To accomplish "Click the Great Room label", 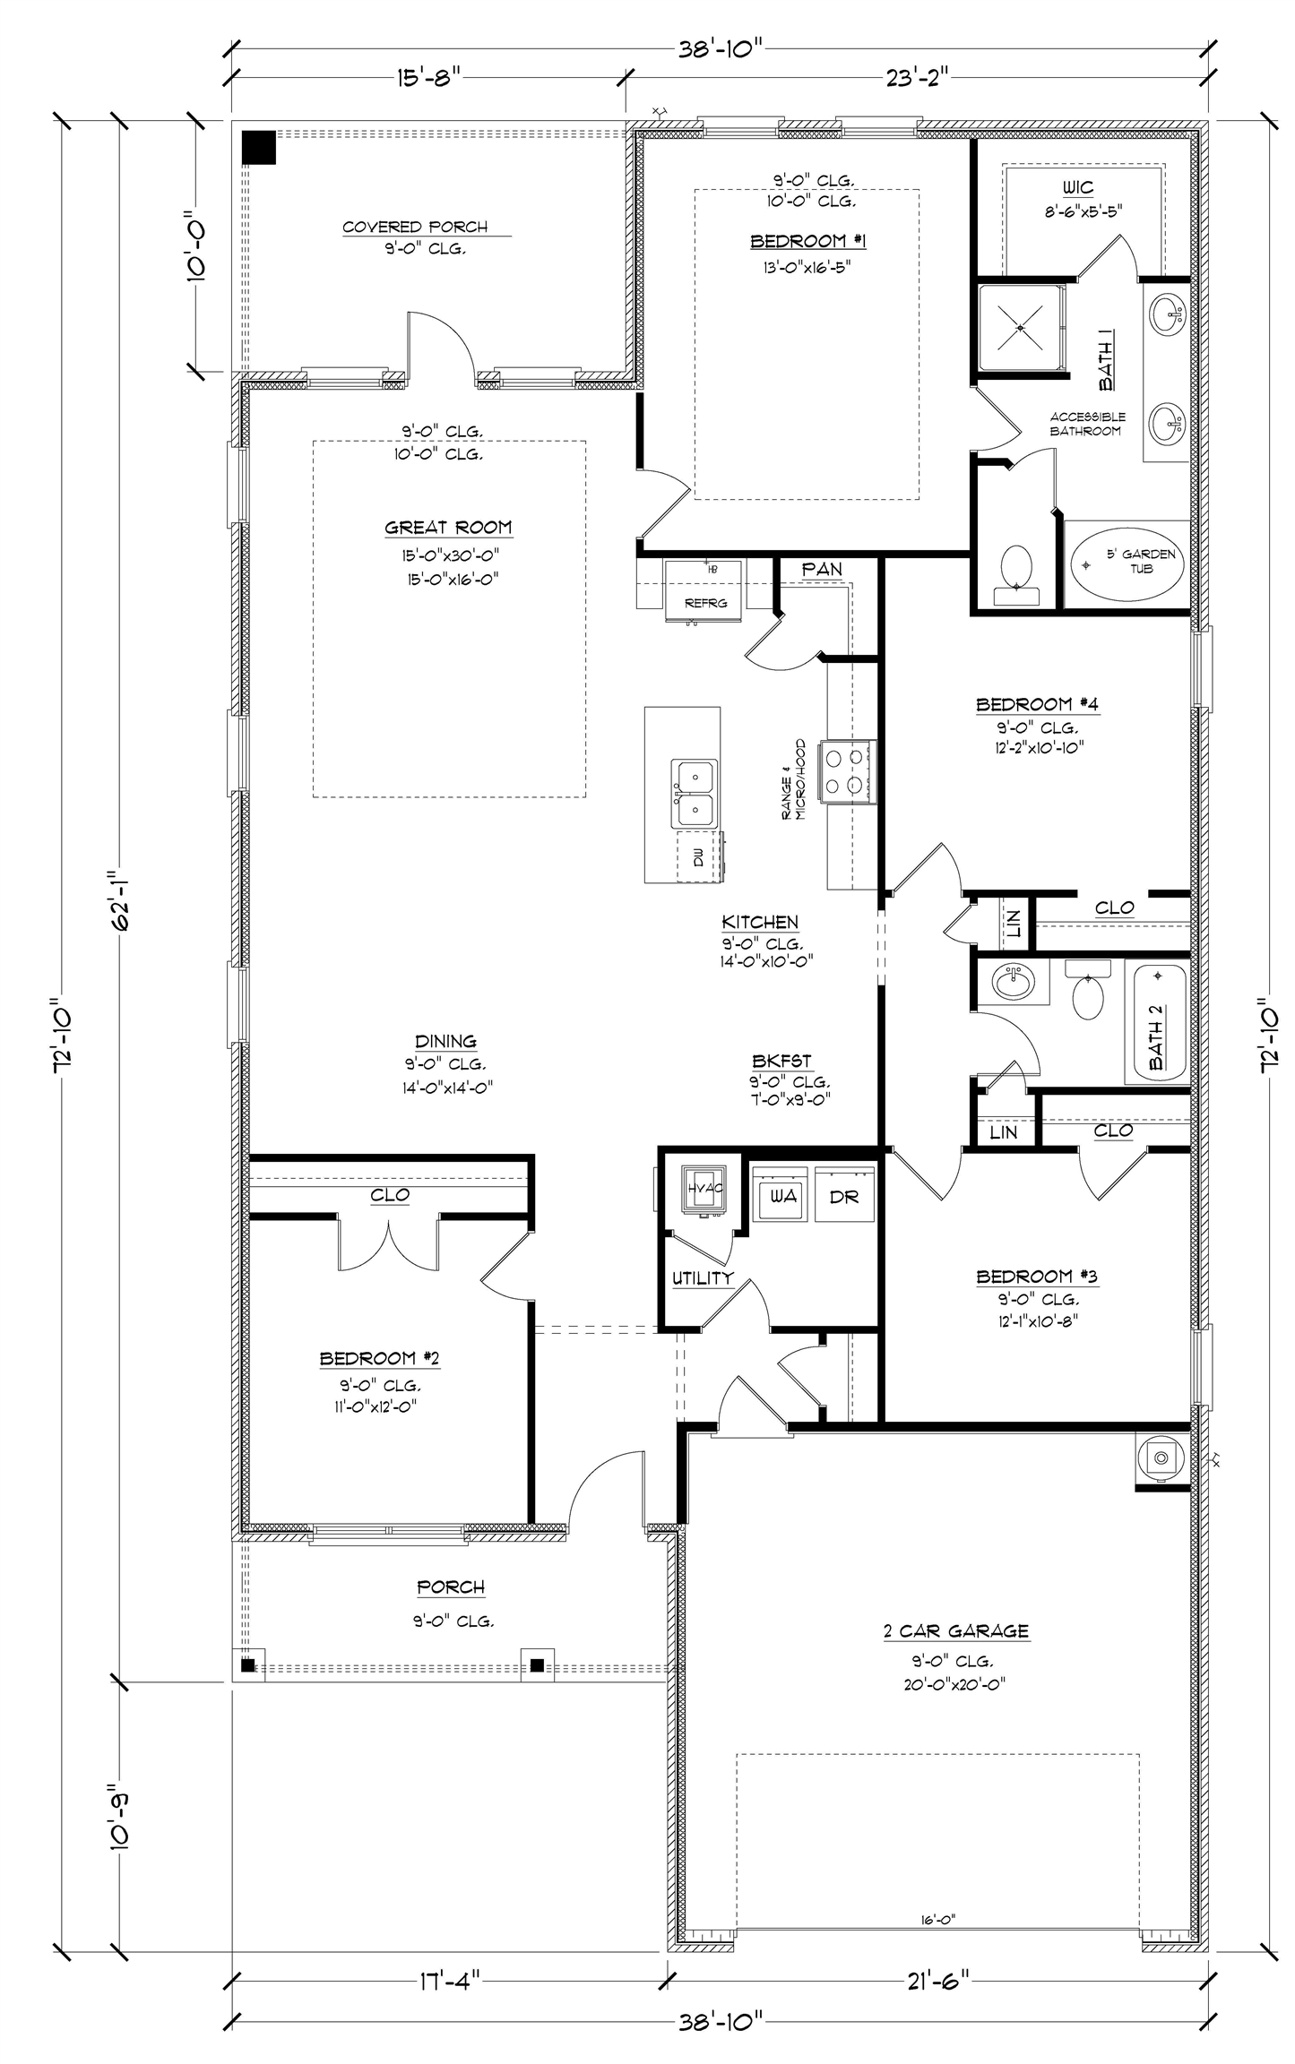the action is tap(448, 528).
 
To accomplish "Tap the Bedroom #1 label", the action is tap(807, 241).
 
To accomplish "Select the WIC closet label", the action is tap(1078, 188).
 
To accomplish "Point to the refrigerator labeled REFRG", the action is tap(704, 589).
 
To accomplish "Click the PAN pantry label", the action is tap(821, 569).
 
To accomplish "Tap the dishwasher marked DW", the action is tap(700, 856).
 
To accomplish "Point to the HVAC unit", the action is tap(704, 1190).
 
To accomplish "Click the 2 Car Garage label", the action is tap(955, 1631).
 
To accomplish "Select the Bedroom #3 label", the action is tap(1037, 1277).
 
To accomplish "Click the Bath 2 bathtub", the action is tap(1157, 1022).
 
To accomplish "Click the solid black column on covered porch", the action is tap(260, 148).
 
